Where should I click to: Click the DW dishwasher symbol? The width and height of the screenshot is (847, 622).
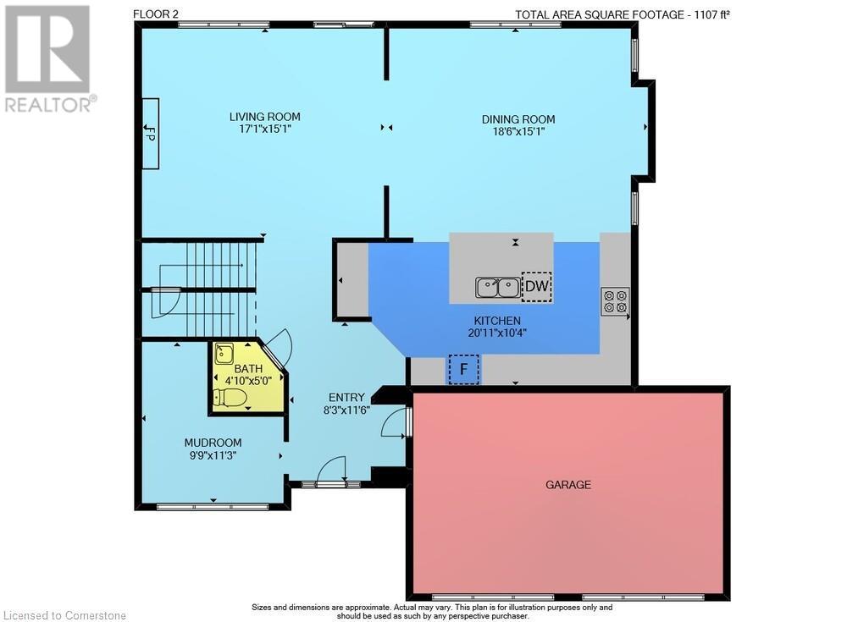pyautogui.click(x=536, y=287)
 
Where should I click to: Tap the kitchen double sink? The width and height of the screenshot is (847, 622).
pyautogui.click(x=498, y=287)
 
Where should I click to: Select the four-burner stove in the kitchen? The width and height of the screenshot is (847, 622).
pyautogui.click(x=615, y=301)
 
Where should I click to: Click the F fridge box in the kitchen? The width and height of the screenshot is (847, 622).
pyautogui.click(x=463, y=370)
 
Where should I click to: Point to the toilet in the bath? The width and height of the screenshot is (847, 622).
pyautogui.click(x=230, y=398)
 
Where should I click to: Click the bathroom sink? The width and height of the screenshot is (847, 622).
pyautogui.click(x=224, y=355)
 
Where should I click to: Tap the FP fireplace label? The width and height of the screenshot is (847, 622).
pyautogui.click(x=150, y=134)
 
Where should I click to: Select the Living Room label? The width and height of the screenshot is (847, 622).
pyautogui.click(x=264, y=117)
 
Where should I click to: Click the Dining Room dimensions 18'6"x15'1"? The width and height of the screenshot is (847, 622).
pyautogui.click(x=518, y=131)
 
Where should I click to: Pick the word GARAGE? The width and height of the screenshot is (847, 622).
pyautogui.click(x=568, y=485)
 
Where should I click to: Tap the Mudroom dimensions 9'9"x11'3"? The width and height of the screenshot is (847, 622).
pyautogui.click(x=213, y=455)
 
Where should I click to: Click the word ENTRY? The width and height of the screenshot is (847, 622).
pyautogui.click(x=346, y=398)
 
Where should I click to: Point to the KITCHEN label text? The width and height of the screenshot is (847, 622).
pyautogui.click(x=497, y=321)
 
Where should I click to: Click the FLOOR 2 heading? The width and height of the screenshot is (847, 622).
pyautogui.click(x=156, y=14)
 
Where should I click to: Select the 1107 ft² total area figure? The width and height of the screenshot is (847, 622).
pyautogui.click(x=710, y=14)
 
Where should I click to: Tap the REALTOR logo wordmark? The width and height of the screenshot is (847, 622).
pyautogui.click(x=50, y=104)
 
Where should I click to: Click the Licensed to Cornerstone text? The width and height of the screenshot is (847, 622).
pyautogui.click(x=65, y=615)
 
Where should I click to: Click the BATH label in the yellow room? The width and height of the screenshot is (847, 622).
pyautogui.click(x=248, y=369)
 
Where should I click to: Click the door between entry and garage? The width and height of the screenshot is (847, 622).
pyautogui.click(x=396, y=422)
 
